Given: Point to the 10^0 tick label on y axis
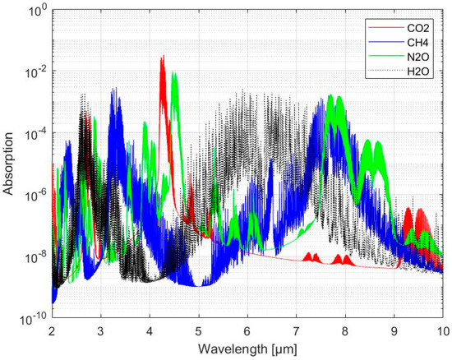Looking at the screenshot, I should pos(35,11).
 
